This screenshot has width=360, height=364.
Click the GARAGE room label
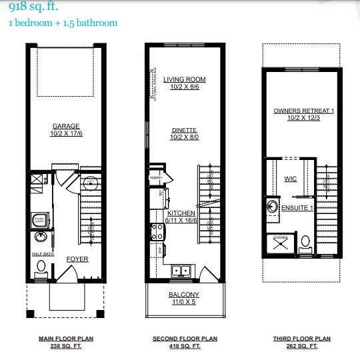[66, 126]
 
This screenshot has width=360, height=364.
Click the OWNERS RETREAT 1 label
[303, 110]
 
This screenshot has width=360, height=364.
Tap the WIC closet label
[290, 179]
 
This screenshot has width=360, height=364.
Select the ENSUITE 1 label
[297, 208]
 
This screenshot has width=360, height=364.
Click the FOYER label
[77, 259]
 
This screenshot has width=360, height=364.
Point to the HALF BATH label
[42, 254]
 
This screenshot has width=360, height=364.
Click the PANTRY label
[156, 178]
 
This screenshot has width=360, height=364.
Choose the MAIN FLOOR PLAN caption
[65, 339]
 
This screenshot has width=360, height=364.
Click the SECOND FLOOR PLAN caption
[185, 339]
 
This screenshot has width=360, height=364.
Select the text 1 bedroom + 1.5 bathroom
[63, 23]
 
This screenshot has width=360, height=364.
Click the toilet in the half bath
[41, 267]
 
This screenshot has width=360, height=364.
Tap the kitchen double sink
[181, 271]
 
